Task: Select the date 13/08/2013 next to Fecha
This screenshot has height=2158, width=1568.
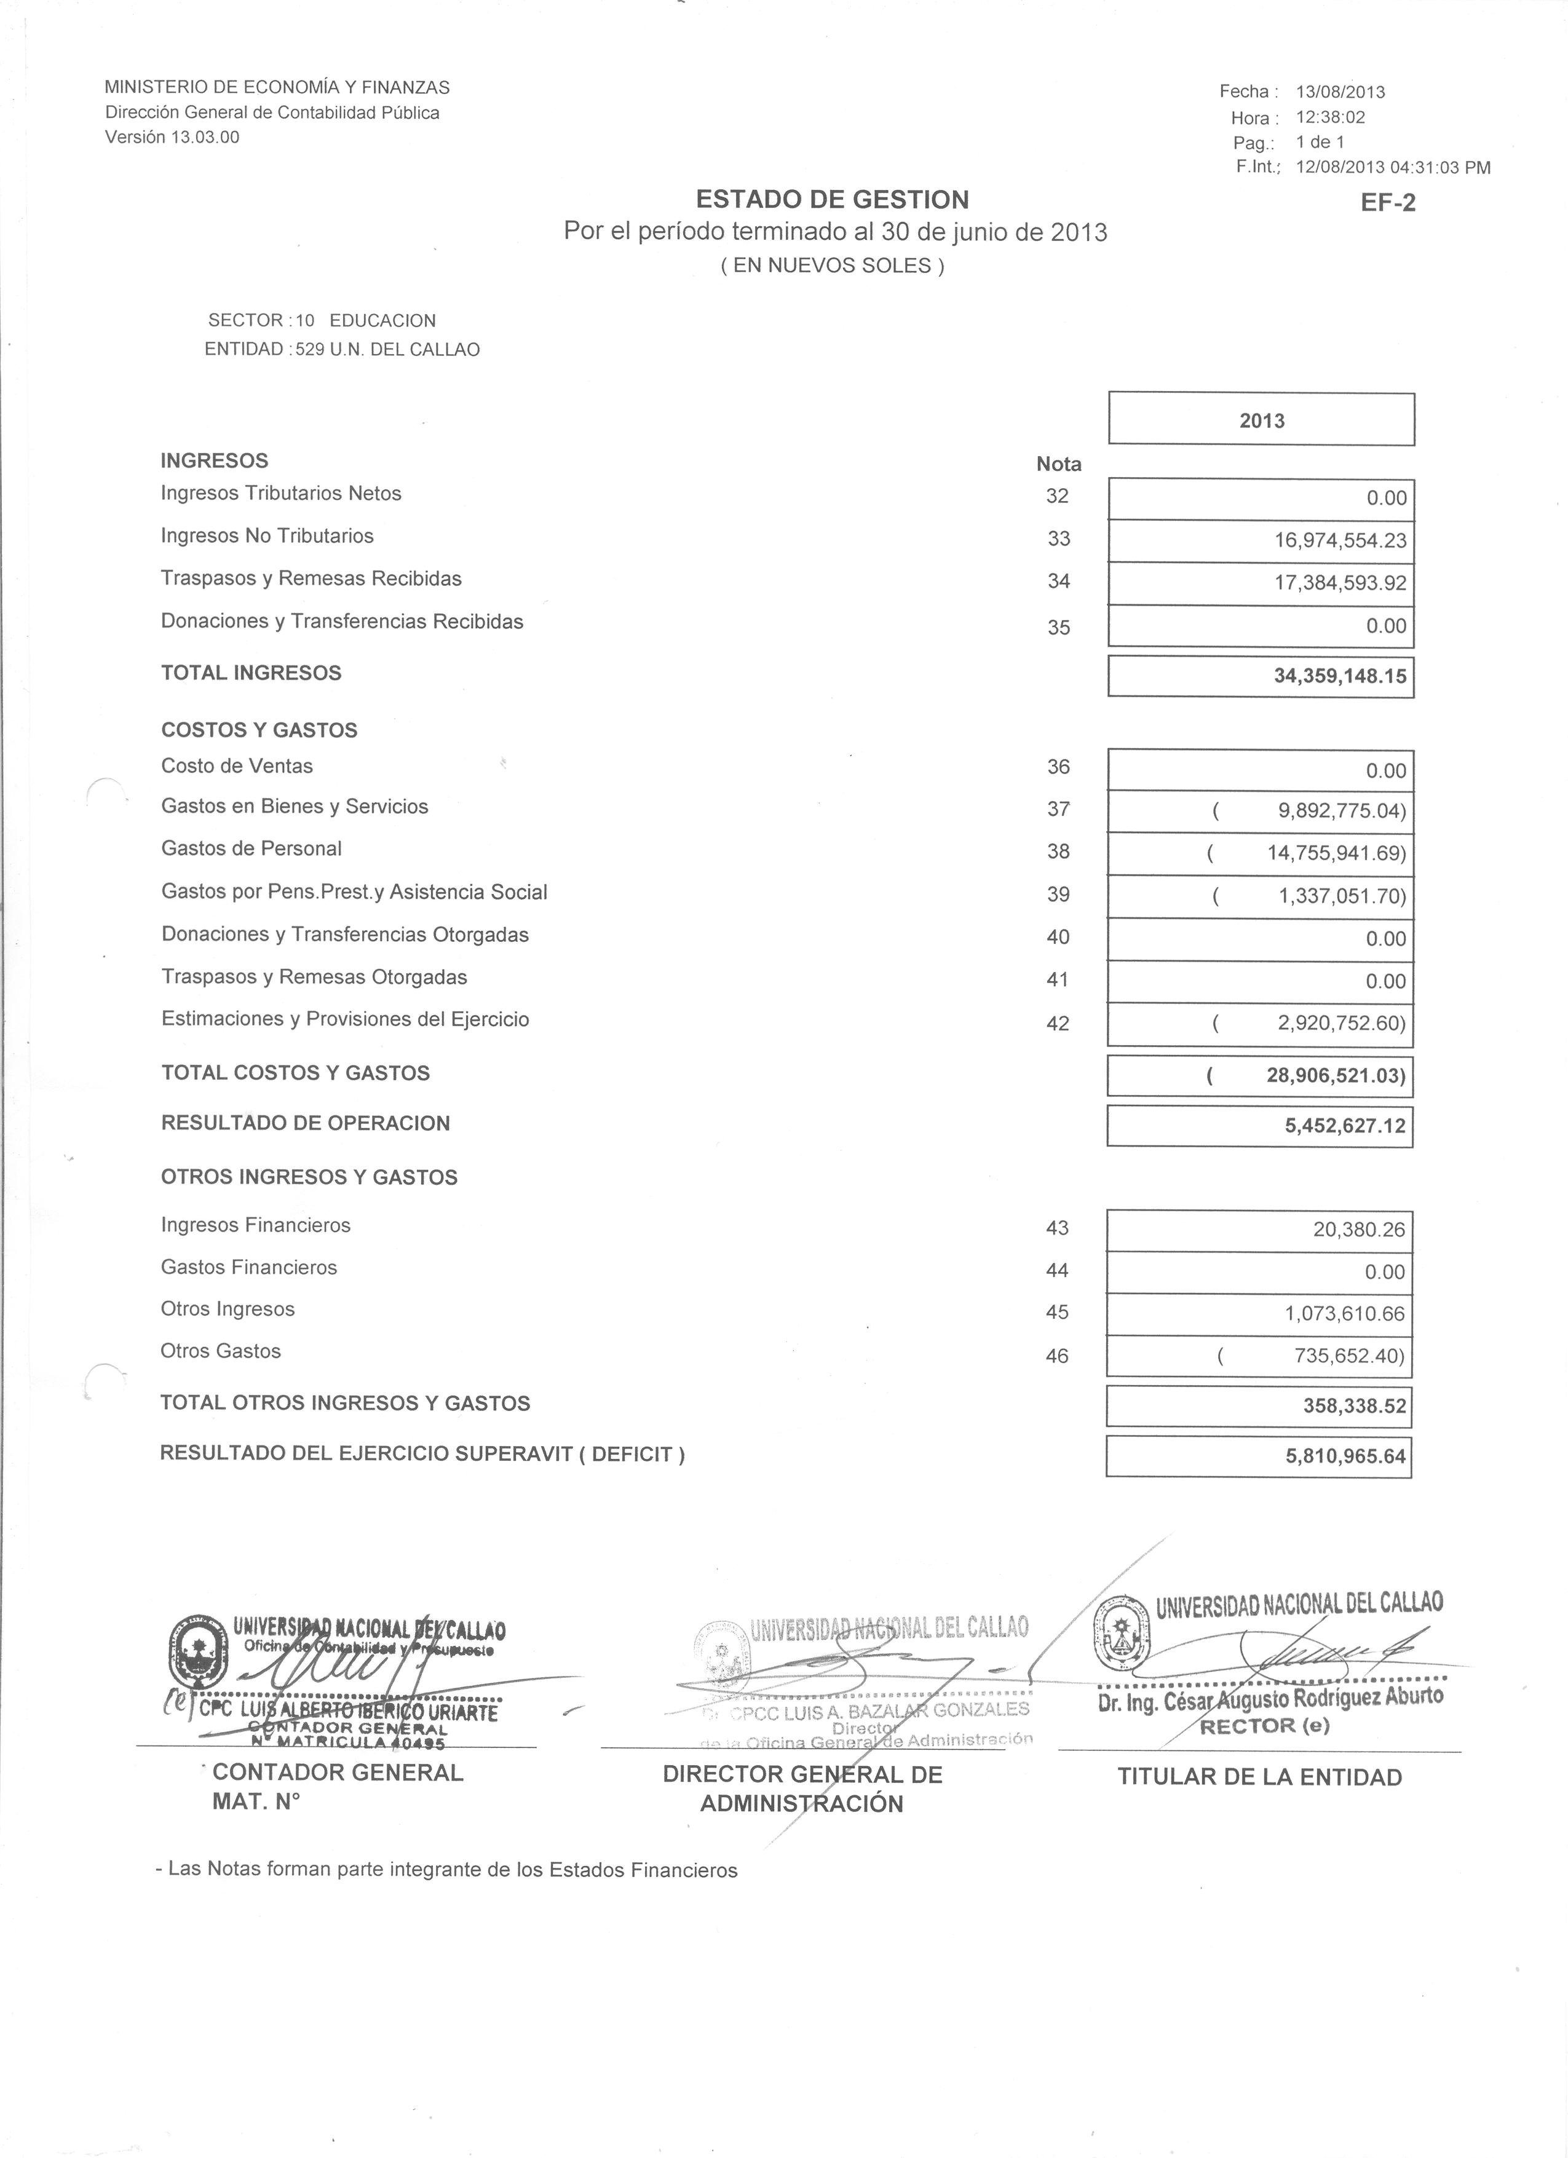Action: click(x=1340, y=92)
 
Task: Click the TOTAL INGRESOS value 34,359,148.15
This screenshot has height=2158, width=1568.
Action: click(x=1340, y=678)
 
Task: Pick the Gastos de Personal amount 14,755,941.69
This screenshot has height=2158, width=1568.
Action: click(x=1335, y=853)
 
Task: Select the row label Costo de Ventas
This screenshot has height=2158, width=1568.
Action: click(x=237, y=766)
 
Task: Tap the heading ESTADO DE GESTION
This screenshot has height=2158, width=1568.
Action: click(x=833, y=200)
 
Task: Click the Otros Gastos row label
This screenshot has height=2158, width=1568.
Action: click(x=221, y=1351)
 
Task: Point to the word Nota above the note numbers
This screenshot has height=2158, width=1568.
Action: click(x=1058, y=464)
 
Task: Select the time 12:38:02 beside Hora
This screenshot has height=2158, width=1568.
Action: click(x=1330, y=118)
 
